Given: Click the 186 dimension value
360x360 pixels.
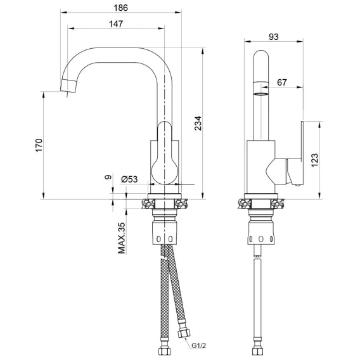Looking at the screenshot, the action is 121,8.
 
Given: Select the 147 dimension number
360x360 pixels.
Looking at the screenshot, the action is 116,24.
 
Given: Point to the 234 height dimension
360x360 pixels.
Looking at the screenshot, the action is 198,124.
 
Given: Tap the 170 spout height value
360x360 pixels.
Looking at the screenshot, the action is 39,145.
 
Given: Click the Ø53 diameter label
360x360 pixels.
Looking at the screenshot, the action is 129,179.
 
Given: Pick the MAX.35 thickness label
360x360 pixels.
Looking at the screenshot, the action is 122,238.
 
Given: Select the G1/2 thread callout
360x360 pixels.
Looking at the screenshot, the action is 198,345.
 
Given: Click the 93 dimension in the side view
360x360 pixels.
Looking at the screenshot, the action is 274,37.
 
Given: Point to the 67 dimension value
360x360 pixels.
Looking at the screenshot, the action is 282,82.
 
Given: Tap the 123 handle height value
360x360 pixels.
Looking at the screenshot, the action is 315,160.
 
